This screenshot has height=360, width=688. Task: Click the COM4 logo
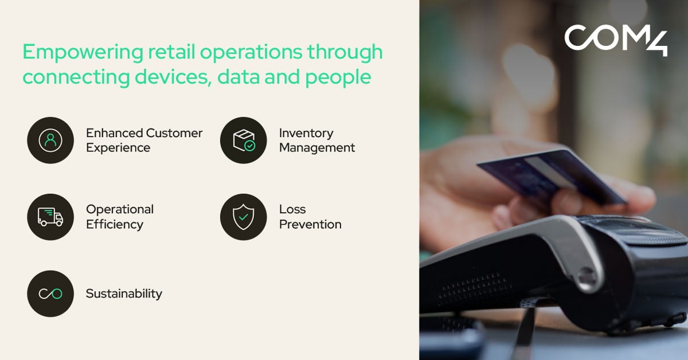coord(616,40)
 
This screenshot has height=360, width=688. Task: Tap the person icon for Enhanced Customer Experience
coord(50,140)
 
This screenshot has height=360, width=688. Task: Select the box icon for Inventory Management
coord(243,140)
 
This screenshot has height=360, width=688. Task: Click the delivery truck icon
coord(50,217)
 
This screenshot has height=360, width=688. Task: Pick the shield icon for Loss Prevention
coord(243,217)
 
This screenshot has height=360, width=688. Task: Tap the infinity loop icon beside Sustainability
coord(50,294)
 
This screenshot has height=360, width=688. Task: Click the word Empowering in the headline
coord(83,53)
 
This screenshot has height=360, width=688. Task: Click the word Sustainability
coord(124,294)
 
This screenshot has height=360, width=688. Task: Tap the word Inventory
coord(306,134)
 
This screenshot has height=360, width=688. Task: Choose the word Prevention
coord(310,224)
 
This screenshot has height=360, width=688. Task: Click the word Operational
coord(120,209)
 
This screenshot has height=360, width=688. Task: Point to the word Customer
coord(174,133)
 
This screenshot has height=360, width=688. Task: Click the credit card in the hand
coord(552,177)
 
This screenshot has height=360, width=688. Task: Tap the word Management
coord(317,148)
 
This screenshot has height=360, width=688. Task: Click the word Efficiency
coord(115,225)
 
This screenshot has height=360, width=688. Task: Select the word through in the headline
coord(345,53)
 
